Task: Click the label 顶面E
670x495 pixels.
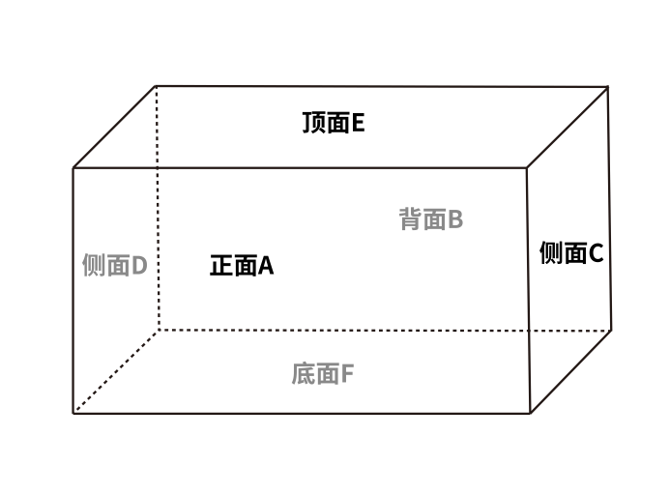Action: click(x=333, y=124)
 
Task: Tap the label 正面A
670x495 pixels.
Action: click(x=242, y=266)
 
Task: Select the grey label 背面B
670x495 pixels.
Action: click(x=431, y=219)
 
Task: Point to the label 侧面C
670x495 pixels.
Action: click(x=570, y=253)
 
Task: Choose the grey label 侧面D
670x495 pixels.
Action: click(x=114, y=266)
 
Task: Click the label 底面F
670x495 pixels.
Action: click(x=323, y=373)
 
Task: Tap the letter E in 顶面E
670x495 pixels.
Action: click(x=358, y=124)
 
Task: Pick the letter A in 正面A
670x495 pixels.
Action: click(x=266, y=266)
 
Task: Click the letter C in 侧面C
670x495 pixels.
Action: click(x=596, y=253)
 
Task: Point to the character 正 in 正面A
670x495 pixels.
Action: click(x=221, y=266)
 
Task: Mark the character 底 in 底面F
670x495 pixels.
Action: click(x=303, y=373)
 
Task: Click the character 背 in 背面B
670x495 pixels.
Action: click(x=411, y=219)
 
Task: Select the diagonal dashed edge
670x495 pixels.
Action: click(x=115, y=371)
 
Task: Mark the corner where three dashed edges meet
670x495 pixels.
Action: click(x=157, y=330)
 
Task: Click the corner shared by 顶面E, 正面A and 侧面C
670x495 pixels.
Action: click(x=527, y=168)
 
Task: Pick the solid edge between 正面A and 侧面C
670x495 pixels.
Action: click(x=528, y=290)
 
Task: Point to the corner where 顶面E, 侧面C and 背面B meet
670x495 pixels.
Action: click(x=608, y=86)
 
